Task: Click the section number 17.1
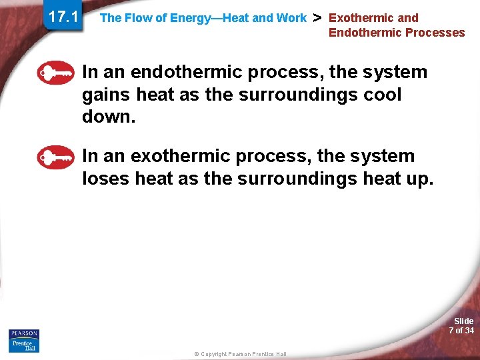pos(63,17)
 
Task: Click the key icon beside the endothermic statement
pos(56,73)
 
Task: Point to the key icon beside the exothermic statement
pos(56,157)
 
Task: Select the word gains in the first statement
pos(107,95)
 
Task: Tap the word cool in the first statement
pos(383,95)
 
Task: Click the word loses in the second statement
pos(106,179)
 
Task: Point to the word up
pos(418,179)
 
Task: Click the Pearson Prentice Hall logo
pos(24,341)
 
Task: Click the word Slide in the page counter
pos(463,321)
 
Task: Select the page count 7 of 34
pos(461,331)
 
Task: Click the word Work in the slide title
pos(293,19)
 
